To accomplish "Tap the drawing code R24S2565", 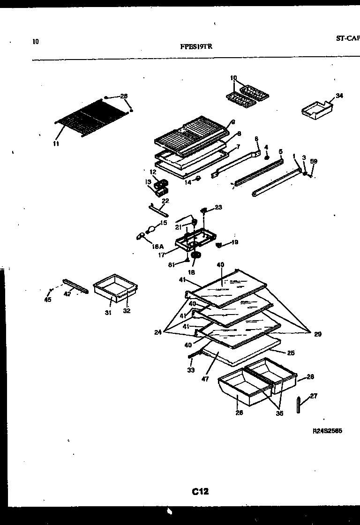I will click(x=327, y=431).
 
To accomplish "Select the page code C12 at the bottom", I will click(x=200, y=492).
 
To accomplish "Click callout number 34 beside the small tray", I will click(x=339, y=96).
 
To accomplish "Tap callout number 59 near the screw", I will click(x=314, y=162).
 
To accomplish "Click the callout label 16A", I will click(x=158, y=246).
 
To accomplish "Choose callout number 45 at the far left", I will click(x=48, y=300).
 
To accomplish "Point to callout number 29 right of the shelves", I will click(x=318, y=334).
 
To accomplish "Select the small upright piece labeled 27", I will click(x=299, y=405).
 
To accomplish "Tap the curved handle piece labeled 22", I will click(x=156, y=208).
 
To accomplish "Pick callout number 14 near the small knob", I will click(x=188, y=182).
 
